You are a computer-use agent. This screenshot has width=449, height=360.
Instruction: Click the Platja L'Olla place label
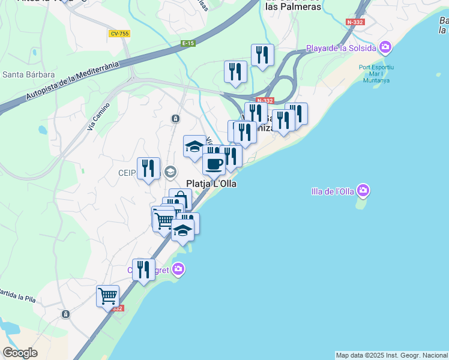tap(211, 184)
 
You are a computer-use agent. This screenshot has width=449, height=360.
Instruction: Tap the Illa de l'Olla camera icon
tap(363, 191)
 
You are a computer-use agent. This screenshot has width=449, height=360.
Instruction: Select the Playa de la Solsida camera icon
tap(385, 47)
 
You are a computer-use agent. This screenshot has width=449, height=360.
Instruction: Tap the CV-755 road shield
tap(119, 34)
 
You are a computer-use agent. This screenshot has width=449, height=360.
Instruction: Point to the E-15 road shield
tap(188, 43)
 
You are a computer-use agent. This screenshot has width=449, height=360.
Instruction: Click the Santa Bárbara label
tap(29, 75)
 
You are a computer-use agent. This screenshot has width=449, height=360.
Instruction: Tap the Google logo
tap(20, 353)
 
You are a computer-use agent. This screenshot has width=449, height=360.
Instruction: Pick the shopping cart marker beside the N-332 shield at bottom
tap(107, 296)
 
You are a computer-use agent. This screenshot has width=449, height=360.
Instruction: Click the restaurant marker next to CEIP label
tap(148, 168)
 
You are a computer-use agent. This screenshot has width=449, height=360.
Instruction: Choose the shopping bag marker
tap(180, 199)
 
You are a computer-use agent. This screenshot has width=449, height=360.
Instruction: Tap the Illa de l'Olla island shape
tap(361, 203)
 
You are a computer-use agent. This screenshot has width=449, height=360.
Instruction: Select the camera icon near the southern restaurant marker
tap(178, 269)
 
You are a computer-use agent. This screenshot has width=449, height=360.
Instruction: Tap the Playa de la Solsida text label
tap(341, 48)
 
